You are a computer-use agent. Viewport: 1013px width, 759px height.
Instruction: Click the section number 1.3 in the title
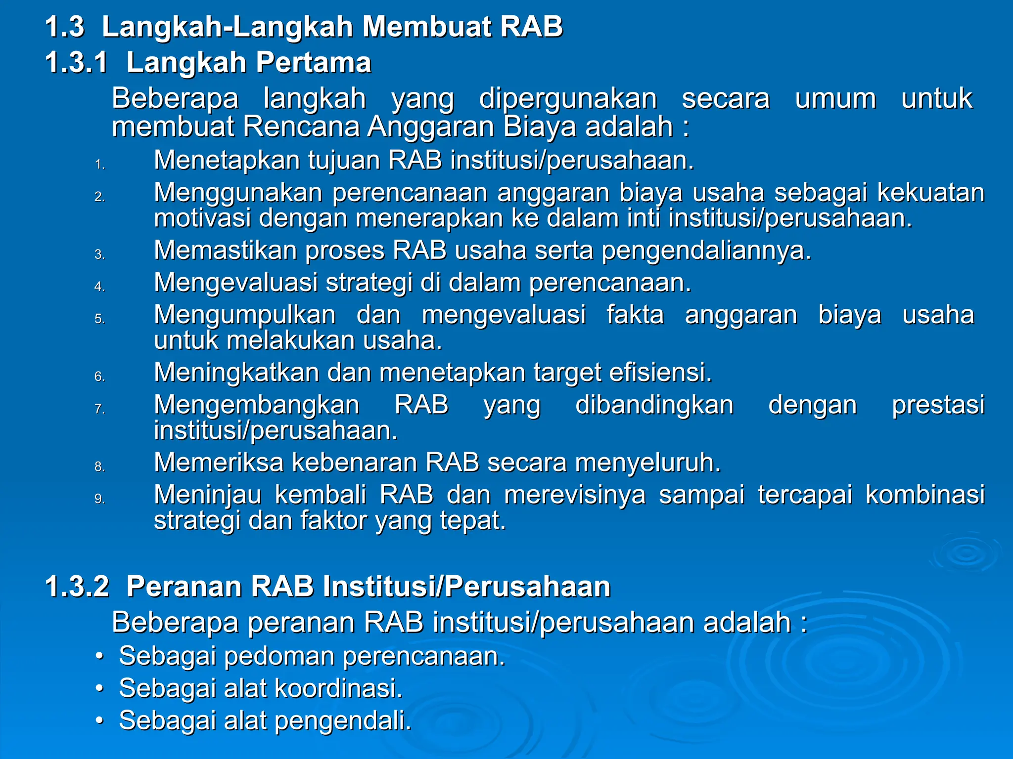coord(65,27)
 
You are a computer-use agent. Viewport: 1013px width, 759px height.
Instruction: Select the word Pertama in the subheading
coord(313,63)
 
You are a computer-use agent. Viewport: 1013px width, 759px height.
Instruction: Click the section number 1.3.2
coord(77,587)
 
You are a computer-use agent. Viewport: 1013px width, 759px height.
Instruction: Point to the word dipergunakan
coord(568,98)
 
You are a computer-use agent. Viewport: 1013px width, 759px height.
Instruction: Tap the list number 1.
coord(100,165)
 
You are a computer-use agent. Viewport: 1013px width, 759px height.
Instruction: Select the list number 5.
coord(100,319)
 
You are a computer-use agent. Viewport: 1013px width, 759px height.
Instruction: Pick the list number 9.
coord(100,499)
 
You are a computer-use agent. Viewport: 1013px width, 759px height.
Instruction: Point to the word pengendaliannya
coord(706,251)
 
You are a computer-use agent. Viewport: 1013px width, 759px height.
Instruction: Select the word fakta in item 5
coord(635,315)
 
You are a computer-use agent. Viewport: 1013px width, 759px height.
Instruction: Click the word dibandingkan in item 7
coord(654,405)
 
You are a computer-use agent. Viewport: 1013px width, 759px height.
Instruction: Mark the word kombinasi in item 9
coord(925,495)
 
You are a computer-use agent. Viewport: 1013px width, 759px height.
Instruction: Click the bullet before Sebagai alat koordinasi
coord(100,688)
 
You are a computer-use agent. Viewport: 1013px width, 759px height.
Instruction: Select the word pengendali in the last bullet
coord(342,720)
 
